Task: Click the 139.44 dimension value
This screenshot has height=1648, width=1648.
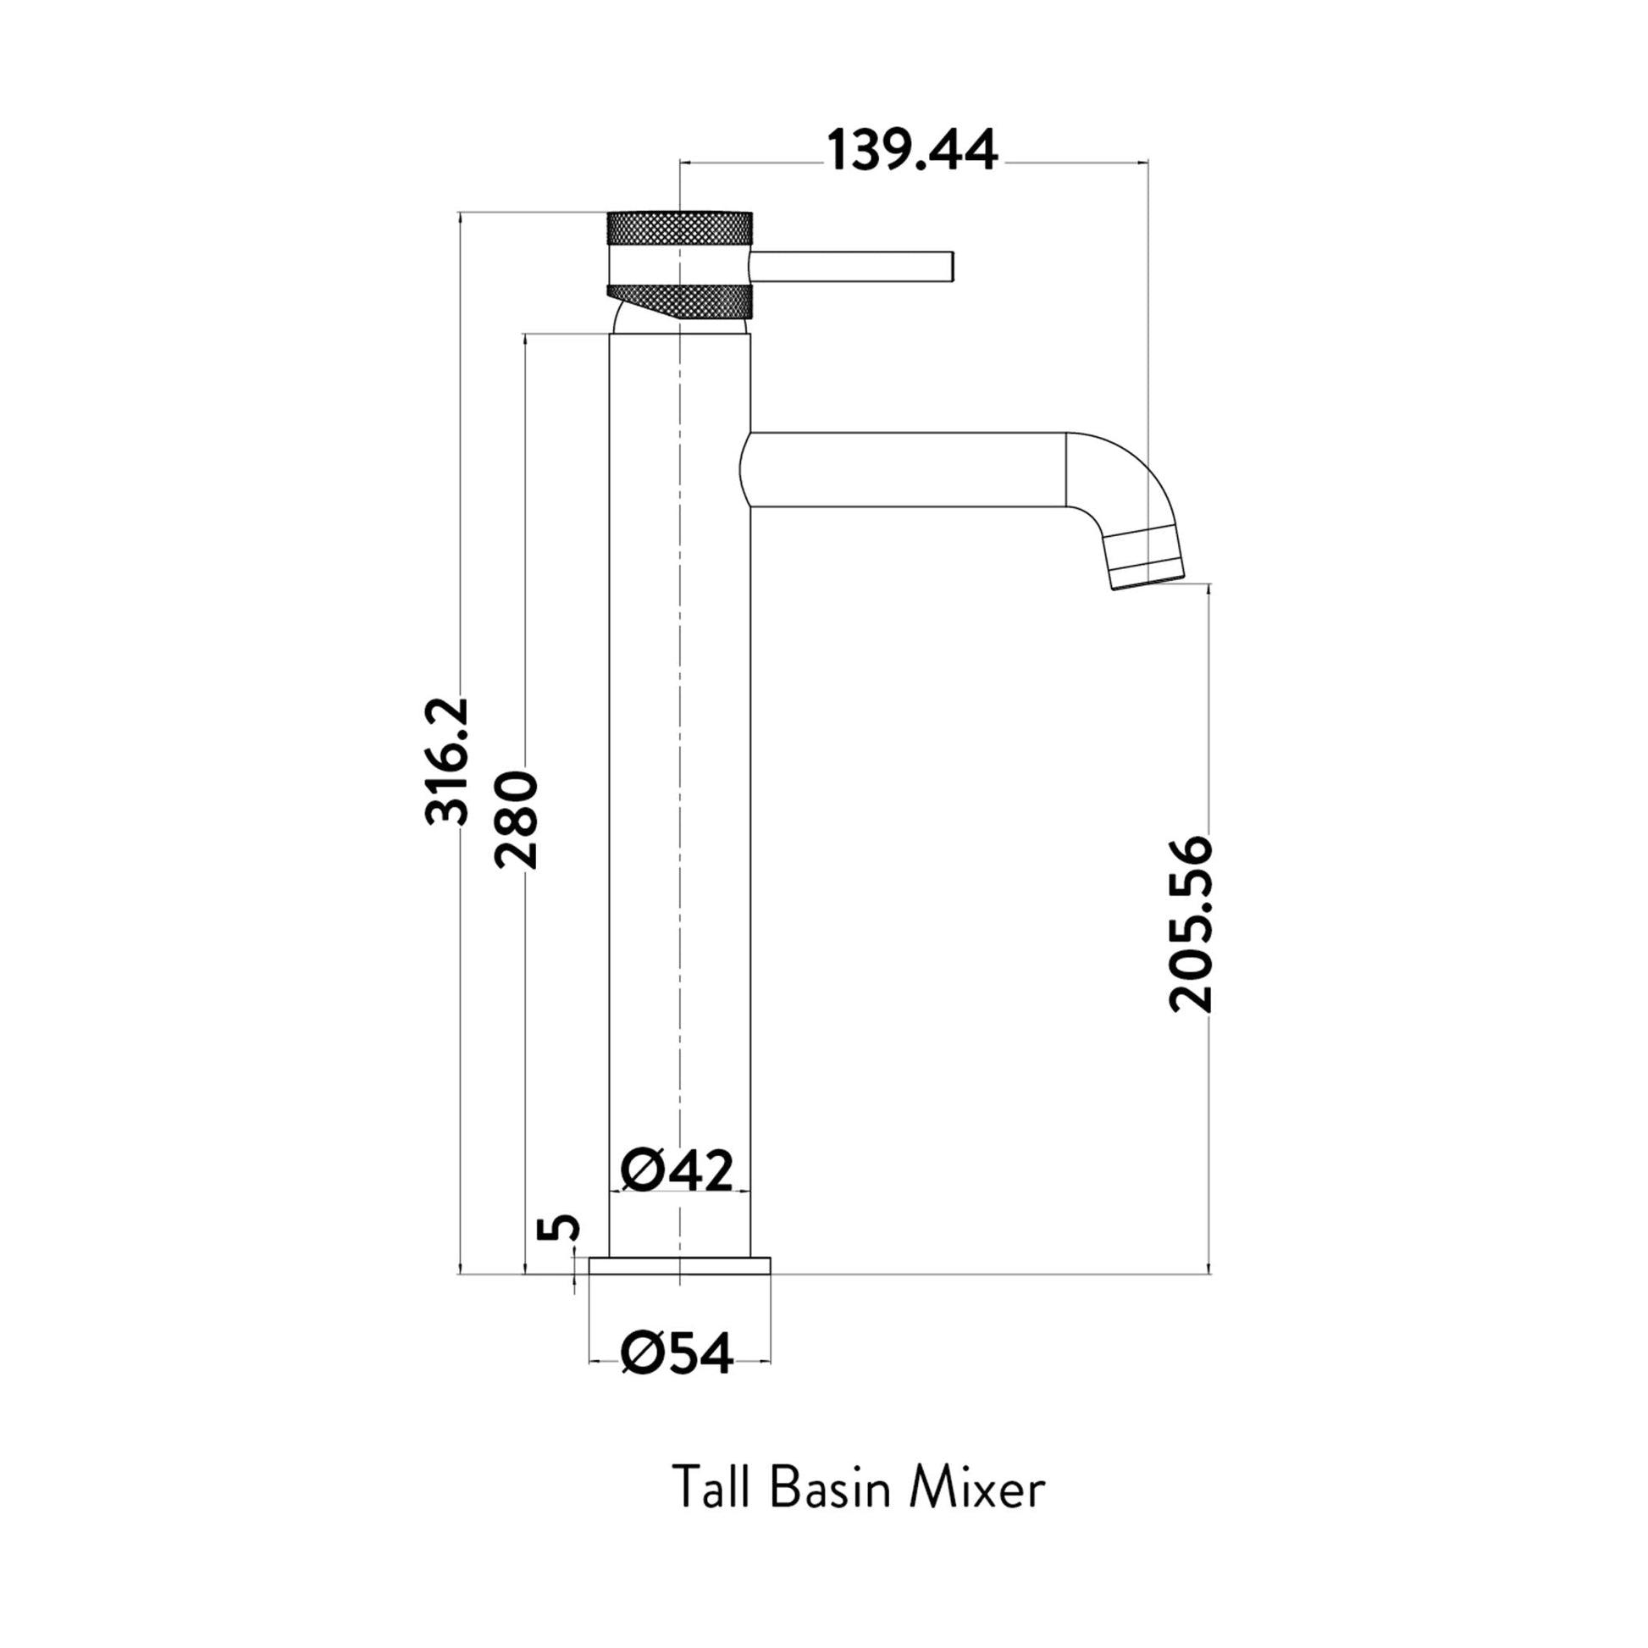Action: click(911, 152)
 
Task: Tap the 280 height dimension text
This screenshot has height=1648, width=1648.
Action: click(516, 820)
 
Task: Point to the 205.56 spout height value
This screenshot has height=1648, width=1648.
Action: click(1190, 925)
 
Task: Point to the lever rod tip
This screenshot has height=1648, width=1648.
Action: click(948, 266)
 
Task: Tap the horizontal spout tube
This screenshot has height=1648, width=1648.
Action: click(904, 470)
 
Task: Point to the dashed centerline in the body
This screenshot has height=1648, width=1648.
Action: click(680, 768)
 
